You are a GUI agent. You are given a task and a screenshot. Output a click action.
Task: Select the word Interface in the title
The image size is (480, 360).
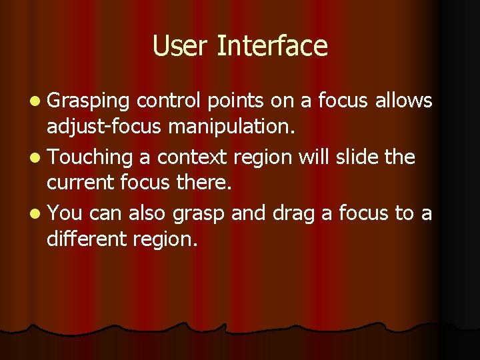[x=273, y=46]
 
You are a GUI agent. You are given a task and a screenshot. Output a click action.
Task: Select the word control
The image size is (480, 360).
[x=169, y=101]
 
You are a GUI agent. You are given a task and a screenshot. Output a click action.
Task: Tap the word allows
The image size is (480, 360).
[x=404, y=101]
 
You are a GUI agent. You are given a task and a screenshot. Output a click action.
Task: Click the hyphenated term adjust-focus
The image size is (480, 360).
[x=103, y=127]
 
